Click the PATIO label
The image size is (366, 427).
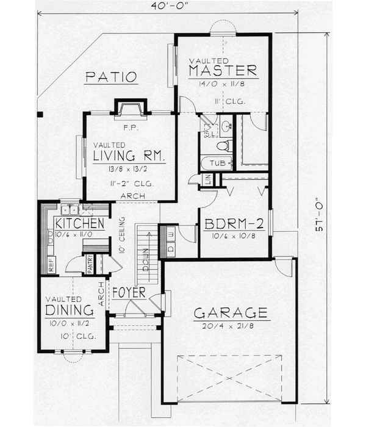[x=110, y=77]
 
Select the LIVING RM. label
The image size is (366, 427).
[x=130, y=157]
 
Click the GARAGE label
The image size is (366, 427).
[x=231, y=314]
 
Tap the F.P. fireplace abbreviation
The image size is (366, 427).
[x=128, y=127]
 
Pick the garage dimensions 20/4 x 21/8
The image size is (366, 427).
[x=231, y=326]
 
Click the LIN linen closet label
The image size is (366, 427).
[x=207, y=179]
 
